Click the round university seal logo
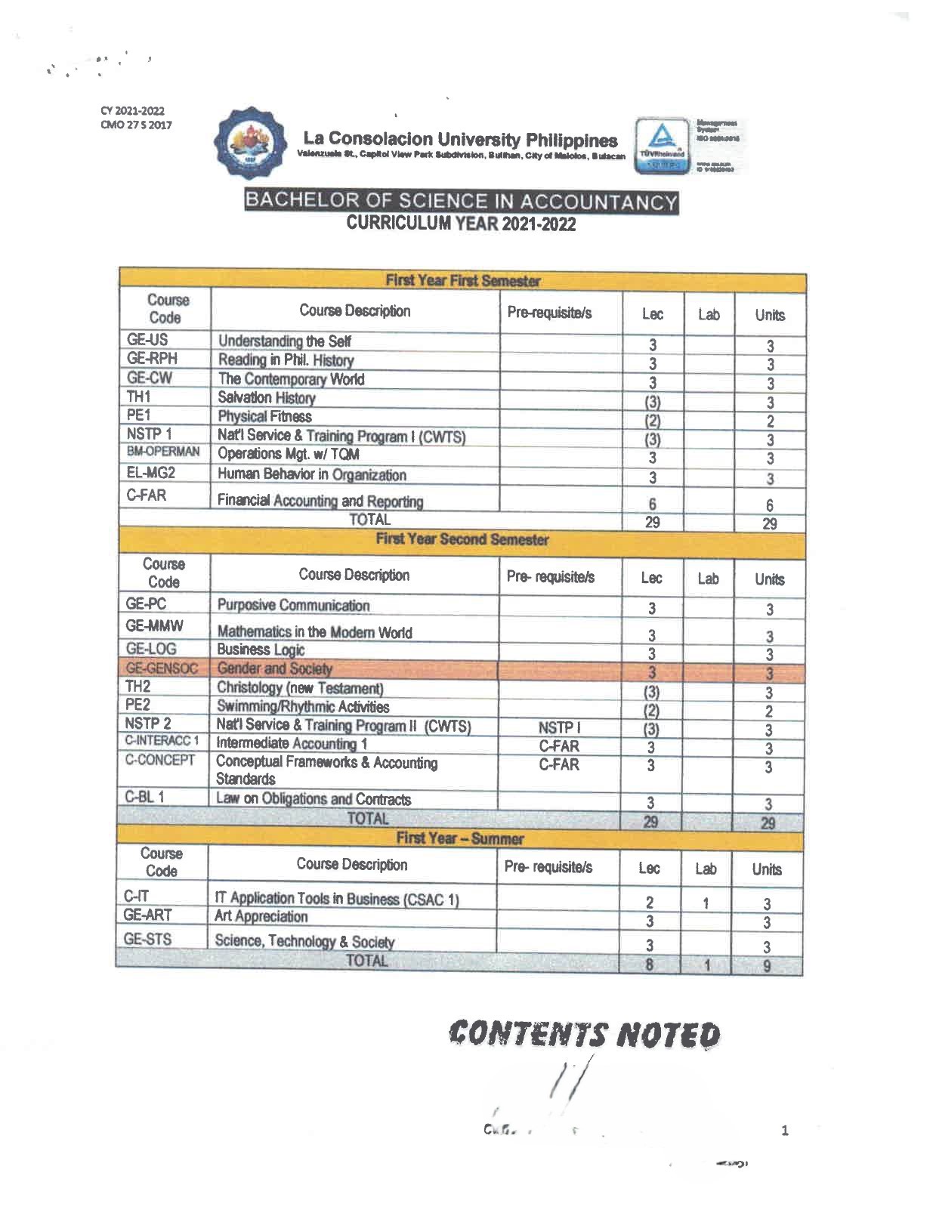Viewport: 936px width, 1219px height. coord(250,144)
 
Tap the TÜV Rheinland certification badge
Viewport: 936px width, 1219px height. coord(663,145)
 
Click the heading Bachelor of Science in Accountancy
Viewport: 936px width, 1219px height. coord(461,202)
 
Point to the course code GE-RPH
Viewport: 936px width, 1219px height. coord(152,359)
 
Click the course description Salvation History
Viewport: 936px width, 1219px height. coord(267,397)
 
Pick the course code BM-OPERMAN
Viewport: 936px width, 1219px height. coord(163,452)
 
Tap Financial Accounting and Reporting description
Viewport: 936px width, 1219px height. coord(320,501)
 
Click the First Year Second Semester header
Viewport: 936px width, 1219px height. coord(462,539)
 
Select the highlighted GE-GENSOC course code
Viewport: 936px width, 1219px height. coord(162,668)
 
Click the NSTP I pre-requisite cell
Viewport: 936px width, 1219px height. coord(559,727)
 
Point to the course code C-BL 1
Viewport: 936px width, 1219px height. coord(145,797)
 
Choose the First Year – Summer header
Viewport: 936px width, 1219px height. coord(459,838)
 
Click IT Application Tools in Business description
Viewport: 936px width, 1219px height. coord(337,899)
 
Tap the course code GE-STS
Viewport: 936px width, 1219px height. coord(148,939)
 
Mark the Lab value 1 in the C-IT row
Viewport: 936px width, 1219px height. coord(705,903)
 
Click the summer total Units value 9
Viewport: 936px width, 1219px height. coord(766,965)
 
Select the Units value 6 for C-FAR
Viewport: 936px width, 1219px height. coord(770,505)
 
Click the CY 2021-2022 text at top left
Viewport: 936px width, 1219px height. coord(132,111)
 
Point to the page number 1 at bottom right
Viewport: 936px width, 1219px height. coord(785,1131)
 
